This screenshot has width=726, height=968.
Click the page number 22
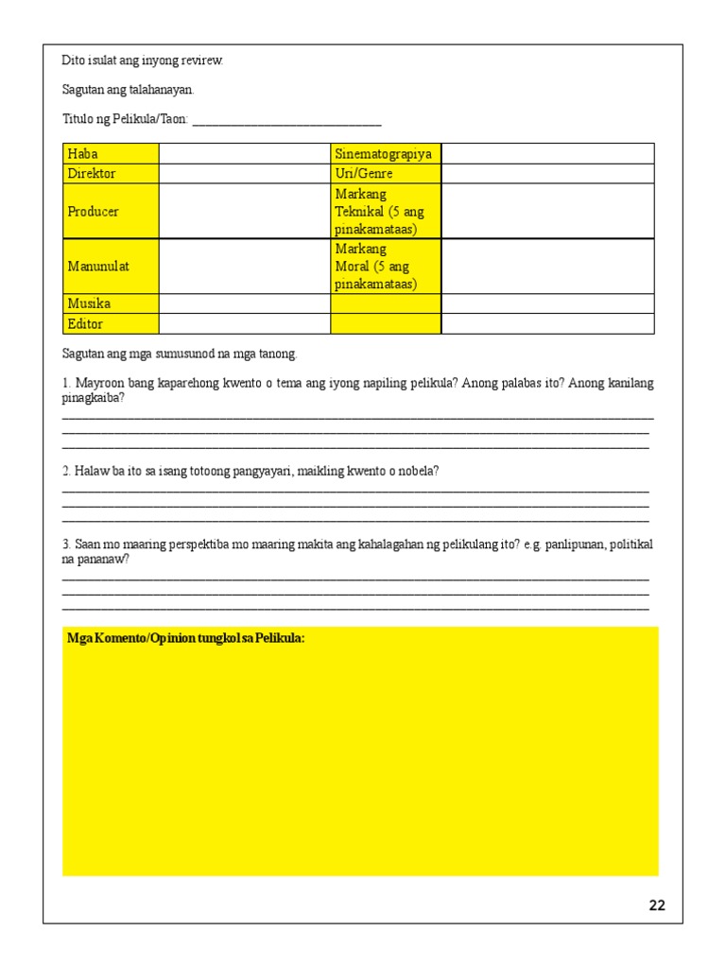[x=657, y=906]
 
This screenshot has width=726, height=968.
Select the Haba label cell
[x=111, y=153]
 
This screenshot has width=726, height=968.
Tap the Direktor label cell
[x=111, y=173]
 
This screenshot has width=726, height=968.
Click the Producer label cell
[x=111, y=211]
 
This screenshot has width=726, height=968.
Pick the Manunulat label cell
[x=111, y=267]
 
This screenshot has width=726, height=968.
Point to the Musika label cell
[x=111, y=303]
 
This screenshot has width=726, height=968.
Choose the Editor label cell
[x=111, y=323]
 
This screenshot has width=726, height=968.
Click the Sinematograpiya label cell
[x=385, y=153]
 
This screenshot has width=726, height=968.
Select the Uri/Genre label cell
[x=385, y=173]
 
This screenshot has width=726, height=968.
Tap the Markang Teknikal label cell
[x=385, y=211]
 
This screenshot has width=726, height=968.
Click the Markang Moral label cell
[x=385, y=267]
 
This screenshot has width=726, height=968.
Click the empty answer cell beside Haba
[x=244, y=153]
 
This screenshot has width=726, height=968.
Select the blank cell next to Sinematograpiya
[x=547, y=153]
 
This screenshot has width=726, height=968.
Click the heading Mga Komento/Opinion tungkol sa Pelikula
[x=186, y=639]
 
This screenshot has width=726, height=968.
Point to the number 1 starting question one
[x=66, y=383]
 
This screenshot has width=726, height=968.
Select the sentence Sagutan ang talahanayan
[x=128, y=90]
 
